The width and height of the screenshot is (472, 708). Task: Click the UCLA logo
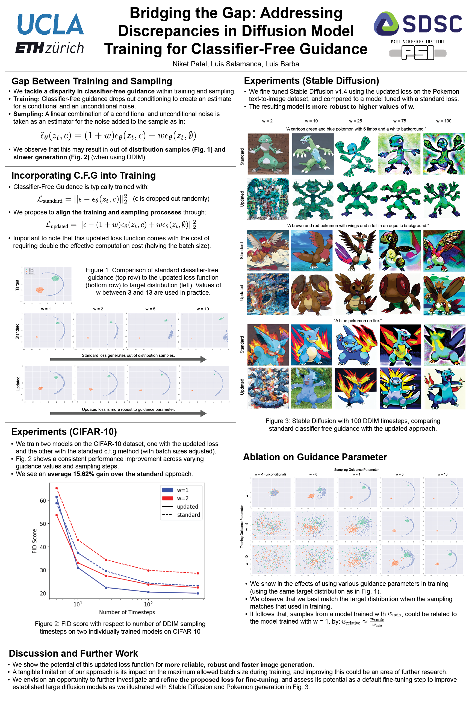pyautogui.click(x=51, y=24)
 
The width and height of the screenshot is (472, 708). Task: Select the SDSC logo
pyautogui.click(x=418, y=23)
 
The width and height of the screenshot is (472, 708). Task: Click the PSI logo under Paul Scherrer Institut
pyautogui.click(x=418, y=53)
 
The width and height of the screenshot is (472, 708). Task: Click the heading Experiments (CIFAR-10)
pyautogui.click(x=64, y=432)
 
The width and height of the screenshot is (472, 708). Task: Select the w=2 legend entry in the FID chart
pyautogui.click(x=182, y=498)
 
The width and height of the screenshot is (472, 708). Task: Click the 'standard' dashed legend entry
pyautogui.click(x=188, y=515)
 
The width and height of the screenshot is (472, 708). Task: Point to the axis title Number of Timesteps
pyautogui.click(x=127, y=612)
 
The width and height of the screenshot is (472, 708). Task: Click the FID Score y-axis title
pyautogui.click(x=34, y=541)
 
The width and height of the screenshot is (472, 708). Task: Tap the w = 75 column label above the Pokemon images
pyautogui.click(x=399, y=121)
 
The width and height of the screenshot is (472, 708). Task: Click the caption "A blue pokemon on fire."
pyautogui.click(x=358, y=321)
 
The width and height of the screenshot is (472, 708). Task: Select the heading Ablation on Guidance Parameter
pyautogui.click(x=315, y=457)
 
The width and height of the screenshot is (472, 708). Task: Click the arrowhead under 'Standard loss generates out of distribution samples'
pyautogui.click(x=203, y=359)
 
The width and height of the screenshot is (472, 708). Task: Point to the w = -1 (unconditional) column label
pyautogui.click(x=270, y=474)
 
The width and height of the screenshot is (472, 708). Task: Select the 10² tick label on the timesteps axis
pyautogui.click(x=148, y=604)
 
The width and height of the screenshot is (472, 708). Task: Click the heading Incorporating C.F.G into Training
pyautogui.click(x=84, y=175)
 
